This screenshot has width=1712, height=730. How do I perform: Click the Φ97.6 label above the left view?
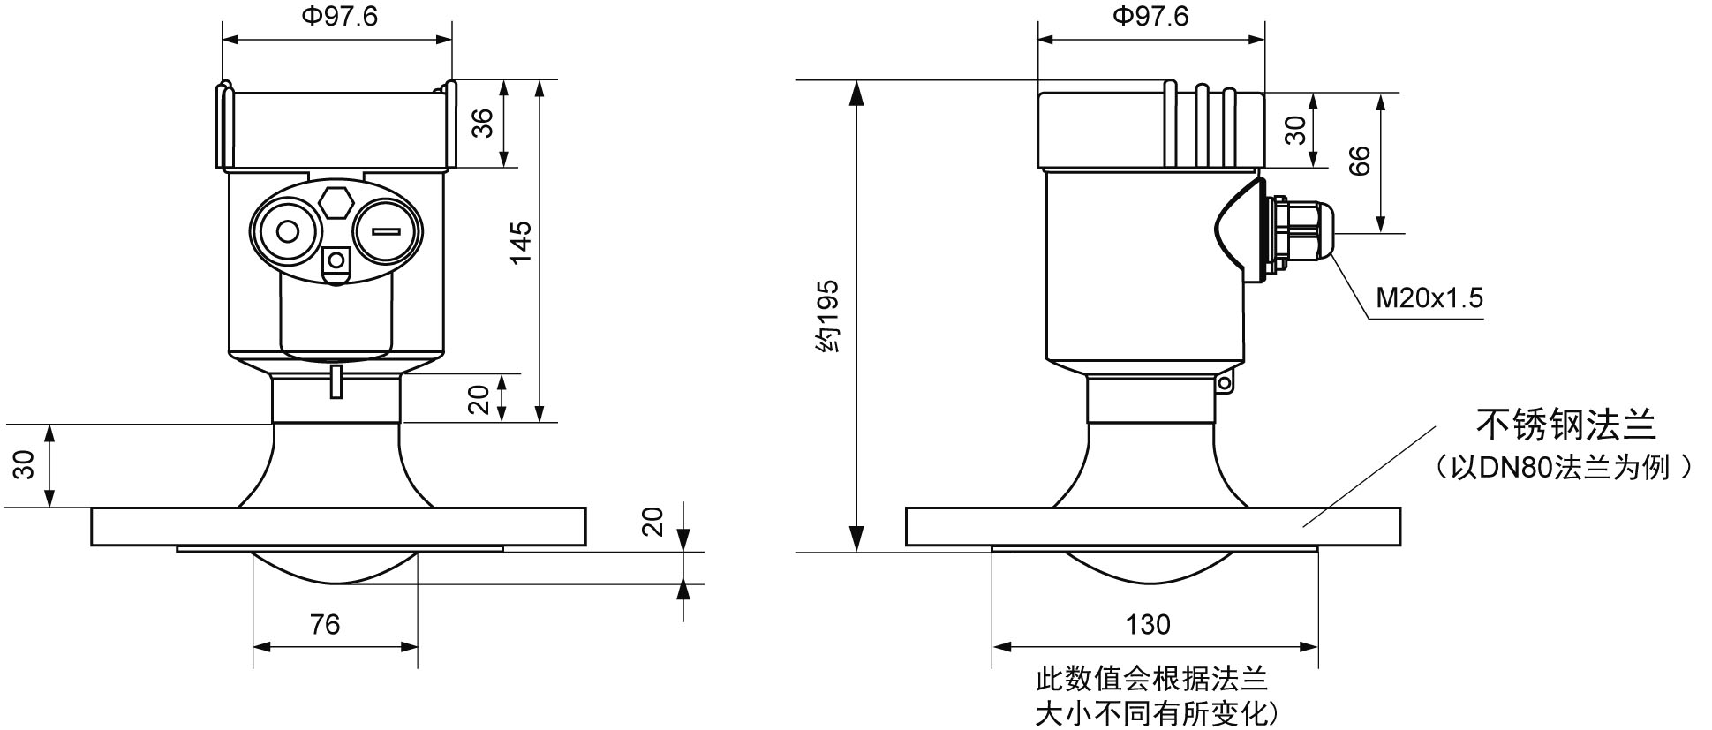pos(339,17)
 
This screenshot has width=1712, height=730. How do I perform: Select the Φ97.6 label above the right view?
pos(1150,17)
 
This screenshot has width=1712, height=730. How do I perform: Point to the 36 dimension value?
pos(482,124)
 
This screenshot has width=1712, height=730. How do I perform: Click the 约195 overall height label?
pos(827,317)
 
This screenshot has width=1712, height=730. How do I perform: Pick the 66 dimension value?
pos(1361,160)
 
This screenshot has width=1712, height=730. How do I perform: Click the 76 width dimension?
pos(325,625)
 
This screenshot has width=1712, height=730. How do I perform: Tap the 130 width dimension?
pos(1148,625)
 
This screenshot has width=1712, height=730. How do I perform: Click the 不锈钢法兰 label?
pos(1565,425)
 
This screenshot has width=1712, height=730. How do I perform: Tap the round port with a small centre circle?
pos(288,232)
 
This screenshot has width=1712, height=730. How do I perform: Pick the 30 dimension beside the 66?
pos(1295,130)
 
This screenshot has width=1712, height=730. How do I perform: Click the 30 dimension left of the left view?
pos(26,465)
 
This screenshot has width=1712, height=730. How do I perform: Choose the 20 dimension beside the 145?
pos(479,399)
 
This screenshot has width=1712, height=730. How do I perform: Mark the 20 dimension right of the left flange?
pos(652,522)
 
